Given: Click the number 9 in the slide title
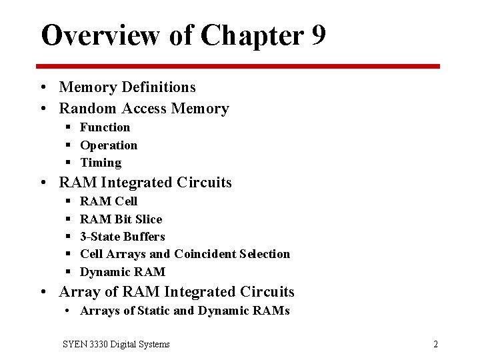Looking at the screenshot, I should (318, 35).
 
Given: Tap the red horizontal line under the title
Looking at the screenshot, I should (238, 66).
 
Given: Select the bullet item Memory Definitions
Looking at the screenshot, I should (127, 87).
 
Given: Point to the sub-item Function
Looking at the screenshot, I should (105, 127).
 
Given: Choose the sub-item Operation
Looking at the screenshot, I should (109, 145).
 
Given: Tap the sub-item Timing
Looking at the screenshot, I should (101, 163).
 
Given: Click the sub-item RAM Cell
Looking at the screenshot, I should (109, 201).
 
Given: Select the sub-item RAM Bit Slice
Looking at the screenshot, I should (121, 219).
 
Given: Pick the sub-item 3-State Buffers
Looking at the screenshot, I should (122, 236).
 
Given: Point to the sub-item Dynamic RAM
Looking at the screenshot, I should (122, 271).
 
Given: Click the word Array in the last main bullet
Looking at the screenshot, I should (79, 292).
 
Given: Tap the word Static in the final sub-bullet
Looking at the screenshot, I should (157, 311).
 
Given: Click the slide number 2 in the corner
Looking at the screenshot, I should (435, 344).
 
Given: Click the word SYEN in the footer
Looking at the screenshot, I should (73, 344).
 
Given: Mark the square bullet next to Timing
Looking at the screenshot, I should (69, 163).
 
